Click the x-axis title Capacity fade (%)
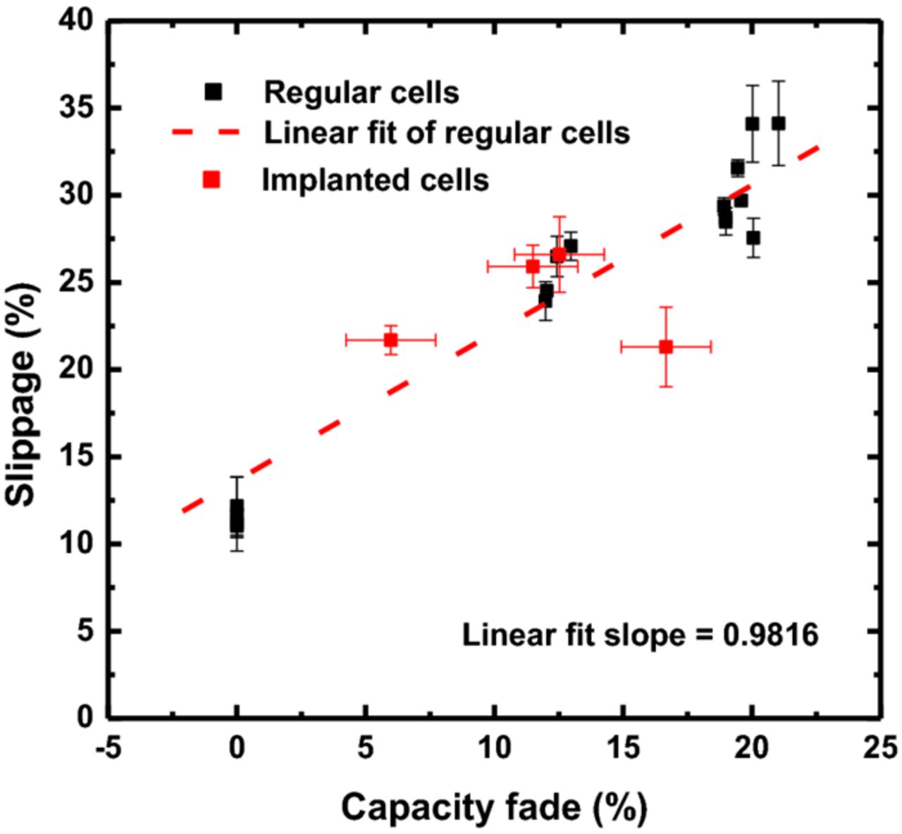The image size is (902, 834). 493,808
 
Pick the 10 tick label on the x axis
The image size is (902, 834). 494,748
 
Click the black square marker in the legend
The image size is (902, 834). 213,91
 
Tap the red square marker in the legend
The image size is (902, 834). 211,180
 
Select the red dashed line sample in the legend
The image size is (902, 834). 204,132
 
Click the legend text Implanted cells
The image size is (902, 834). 375,180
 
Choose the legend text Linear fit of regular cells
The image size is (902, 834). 447,133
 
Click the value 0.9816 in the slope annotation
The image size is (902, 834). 771,635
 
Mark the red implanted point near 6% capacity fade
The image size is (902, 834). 390,340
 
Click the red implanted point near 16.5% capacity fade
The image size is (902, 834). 665,346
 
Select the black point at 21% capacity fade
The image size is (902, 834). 778,123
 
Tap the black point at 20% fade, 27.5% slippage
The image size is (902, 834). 753,238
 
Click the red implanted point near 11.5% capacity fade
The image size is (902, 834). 533,266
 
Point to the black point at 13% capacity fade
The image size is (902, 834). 571,245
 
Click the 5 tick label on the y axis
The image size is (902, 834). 84,631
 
